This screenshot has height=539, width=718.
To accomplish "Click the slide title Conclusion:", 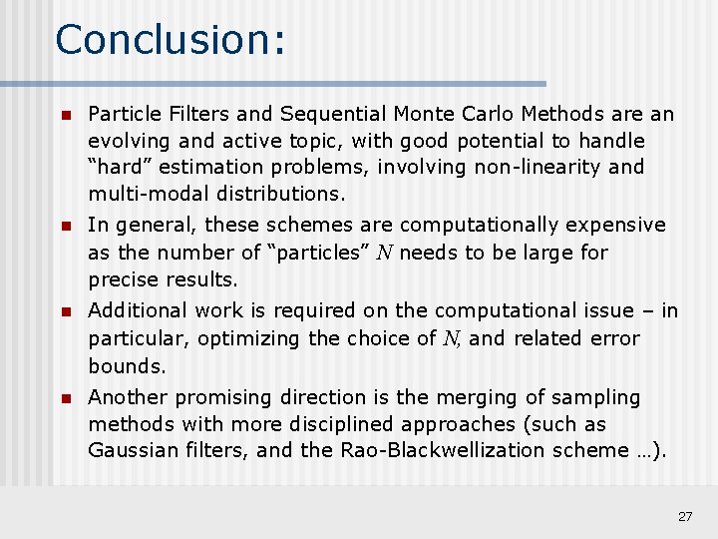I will [171, 40].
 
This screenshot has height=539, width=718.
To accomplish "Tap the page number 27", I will [685, 516].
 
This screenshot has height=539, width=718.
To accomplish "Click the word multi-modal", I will [148, 193].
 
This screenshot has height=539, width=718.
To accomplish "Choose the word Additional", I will [138, 311].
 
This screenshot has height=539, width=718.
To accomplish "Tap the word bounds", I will [127, 365].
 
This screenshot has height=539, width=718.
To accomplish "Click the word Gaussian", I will [134, 450].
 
